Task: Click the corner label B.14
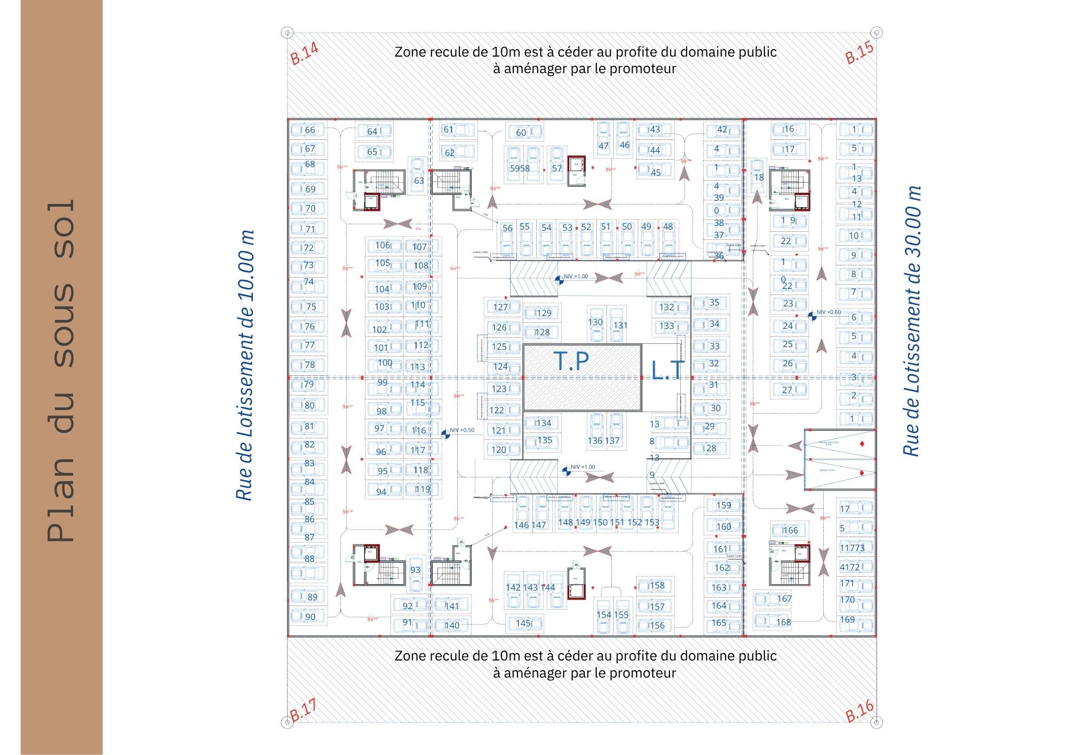click(x=304, y=53)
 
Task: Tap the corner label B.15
click(x=859, y=53)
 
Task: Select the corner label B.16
click(x=859, y=711)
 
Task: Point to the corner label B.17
click(x=304, y=710)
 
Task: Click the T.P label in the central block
click(x=571, y=361)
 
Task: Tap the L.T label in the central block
click(x=667, y=370)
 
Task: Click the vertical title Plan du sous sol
click(x=60, y=371)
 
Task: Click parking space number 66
click(x=309, y=130)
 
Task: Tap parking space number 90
click(x=310, y=617)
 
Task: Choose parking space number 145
click(x=523, y=623)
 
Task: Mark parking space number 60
click(x=521, y=132)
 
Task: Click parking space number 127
click(x=500, y=307)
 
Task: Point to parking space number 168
click(x=783, y=622)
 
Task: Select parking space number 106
click(x=383, y=246)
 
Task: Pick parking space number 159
click(x=723, y=505)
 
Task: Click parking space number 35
click(x=714, y=302)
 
